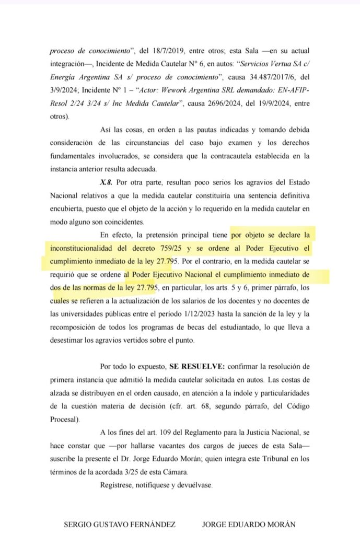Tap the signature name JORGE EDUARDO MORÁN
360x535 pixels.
[x=249, y=523]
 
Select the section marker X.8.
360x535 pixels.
[x=107, y=182]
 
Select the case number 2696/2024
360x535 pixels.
[x=218, y=103]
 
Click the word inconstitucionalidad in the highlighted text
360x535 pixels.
[x=80, y=247]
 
